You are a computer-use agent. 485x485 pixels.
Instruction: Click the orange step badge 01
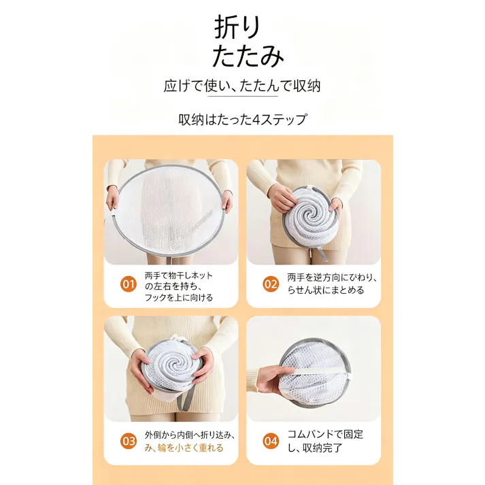(128, 284)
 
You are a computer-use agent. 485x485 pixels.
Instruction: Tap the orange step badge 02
(271, 284)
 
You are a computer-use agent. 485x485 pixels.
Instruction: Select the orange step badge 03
(128, 441)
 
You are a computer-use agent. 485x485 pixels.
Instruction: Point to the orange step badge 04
(271, 441)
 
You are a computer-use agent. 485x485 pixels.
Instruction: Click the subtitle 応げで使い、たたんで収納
(242, 86)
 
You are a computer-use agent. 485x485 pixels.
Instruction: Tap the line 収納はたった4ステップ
(243, 120)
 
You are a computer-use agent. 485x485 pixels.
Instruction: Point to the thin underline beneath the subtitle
(242, 96)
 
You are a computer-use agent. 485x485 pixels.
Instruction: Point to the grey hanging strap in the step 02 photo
(321, 252)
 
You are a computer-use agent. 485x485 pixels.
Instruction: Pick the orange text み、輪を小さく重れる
(184, 448)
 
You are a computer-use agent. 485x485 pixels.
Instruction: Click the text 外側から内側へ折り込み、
(190, 435)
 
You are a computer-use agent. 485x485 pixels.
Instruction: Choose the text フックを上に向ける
(179, 297)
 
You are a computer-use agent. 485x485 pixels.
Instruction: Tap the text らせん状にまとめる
(326, 290)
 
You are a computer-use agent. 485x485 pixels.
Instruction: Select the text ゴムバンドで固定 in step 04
(325, 434)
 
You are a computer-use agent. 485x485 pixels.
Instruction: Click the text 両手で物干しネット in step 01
(179, 275)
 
